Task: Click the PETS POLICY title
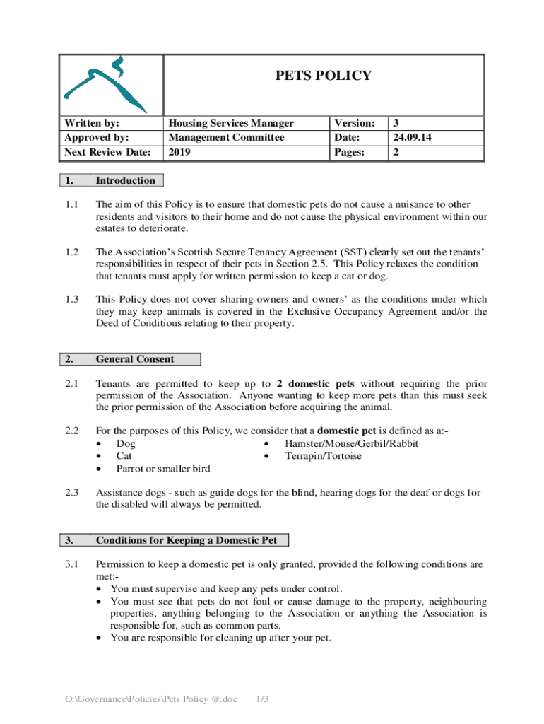[323, 76]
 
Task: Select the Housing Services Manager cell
[231, 123]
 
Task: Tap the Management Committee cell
[226, 137]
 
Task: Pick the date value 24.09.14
[412, 137]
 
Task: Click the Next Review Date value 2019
[178, 152]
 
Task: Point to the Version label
[355, 123]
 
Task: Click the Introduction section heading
[125, 180]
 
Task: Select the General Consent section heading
[134, 359]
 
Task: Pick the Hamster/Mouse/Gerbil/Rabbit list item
[351, 444]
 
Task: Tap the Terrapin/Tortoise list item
[323, 456]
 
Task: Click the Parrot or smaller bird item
[162, 468]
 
